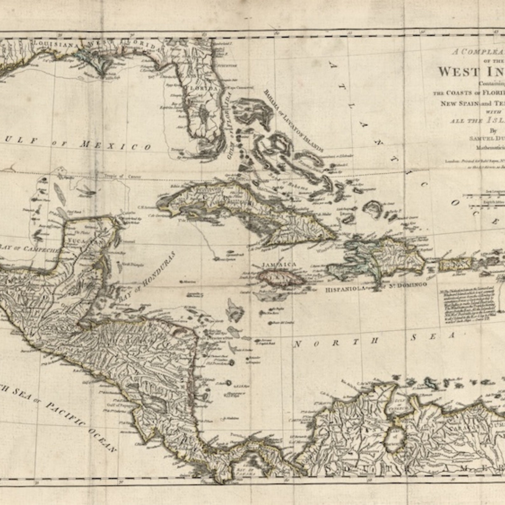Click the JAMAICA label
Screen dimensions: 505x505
coord(279,265)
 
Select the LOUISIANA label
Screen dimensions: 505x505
coord(56,44)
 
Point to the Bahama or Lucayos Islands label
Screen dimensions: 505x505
coord(293,121)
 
